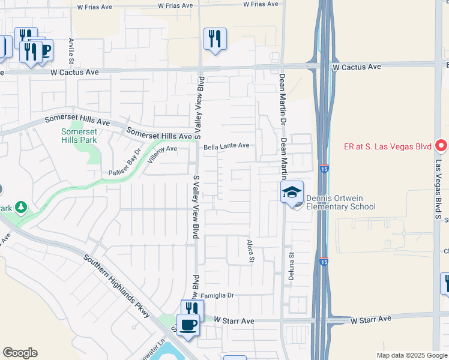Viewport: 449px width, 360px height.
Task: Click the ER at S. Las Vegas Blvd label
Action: tap(381, 145)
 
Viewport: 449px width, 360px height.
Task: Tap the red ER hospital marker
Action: tap(441, 146)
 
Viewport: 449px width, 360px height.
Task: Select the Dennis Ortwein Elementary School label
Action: tap(340, 203)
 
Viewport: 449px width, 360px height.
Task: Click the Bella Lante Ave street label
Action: tap(226, 145)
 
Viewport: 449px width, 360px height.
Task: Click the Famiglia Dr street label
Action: tap(221, 296)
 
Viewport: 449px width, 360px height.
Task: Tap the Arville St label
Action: tap(71, 51)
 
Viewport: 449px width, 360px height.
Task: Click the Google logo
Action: tap(20, 353)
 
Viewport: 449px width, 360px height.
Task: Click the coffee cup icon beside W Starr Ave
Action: tap(188, 325)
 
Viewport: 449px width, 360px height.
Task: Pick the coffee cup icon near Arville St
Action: tap(44, 50)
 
